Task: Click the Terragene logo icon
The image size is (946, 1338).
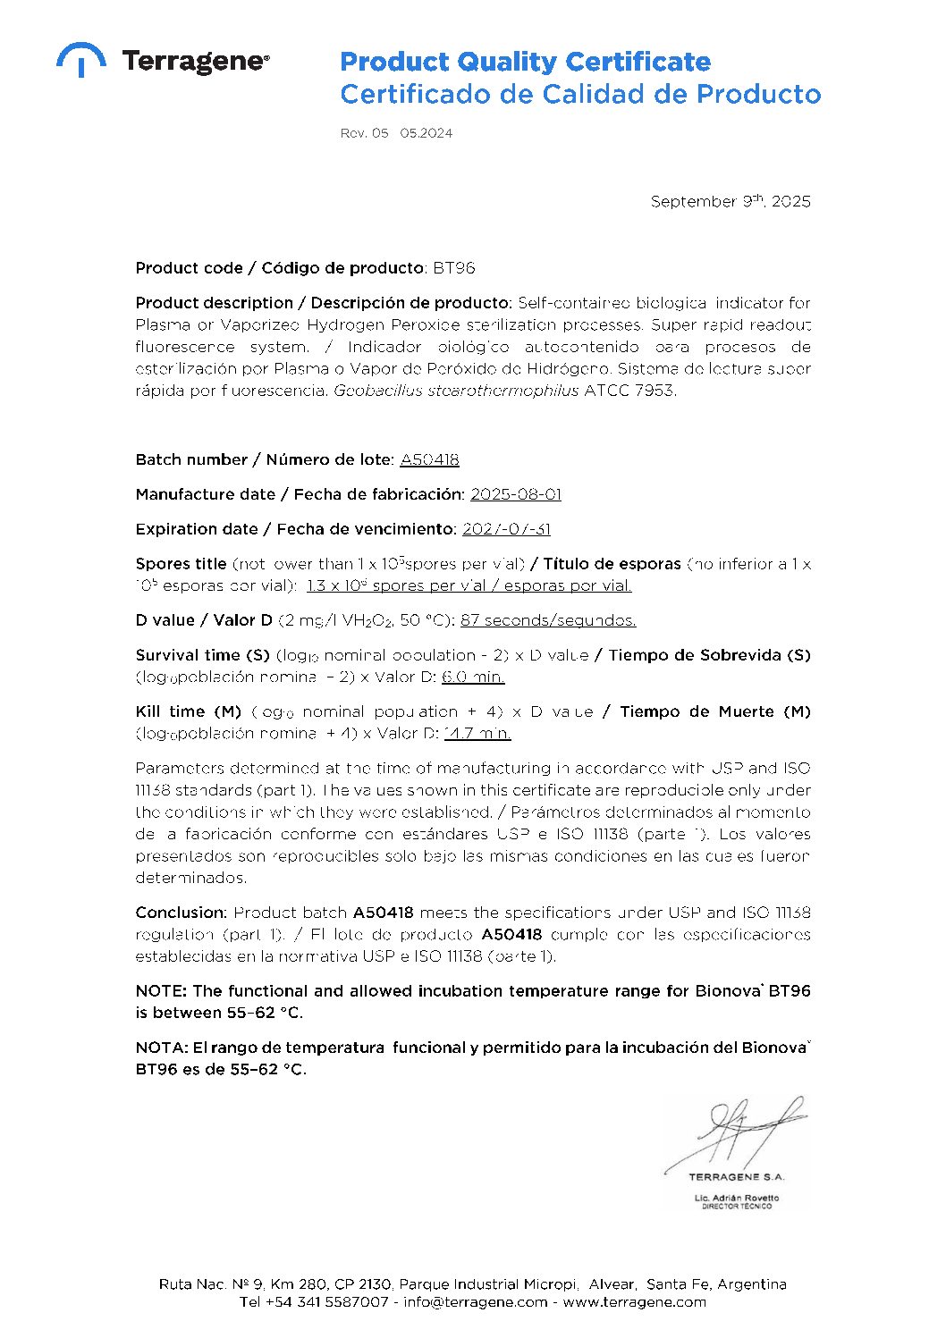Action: pos(80,59)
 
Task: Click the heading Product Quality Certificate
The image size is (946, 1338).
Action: pos(525,62)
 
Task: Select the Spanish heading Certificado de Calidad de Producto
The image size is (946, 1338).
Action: pos(580,94)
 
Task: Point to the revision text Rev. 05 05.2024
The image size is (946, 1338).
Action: pos(396,133)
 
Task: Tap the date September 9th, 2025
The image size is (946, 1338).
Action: pos(731,201)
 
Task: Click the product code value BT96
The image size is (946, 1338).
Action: pos(454,268)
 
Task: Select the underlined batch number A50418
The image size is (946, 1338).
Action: pos(429,459)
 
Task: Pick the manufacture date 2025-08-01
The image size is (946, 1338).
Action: pos(516,494)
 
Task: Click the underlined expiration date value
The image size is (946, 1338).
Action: pos(506,529)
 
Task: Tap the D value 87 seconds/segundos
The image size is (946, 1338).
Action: pos(548,620)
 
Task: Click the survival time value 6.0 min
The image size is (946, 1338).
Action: pos(473,677)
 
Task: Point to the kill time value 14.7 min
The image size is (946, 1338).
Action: pos(477,733)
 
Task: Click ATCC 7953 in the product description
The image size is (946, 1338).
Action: pos(629,391)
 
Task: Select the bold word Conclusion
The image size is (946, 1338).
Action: pos(181,913)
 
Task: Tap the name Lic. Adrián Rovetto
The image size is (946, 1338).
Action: pos(737,1198)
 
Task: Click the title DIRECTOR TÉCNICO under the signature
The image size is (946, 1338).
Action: pos(737,1207)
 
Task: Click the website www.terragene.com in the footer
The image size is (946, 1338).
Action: pos(634,1302)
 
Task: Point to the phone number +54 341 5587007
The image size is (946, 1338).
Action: pos(327,1302)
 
